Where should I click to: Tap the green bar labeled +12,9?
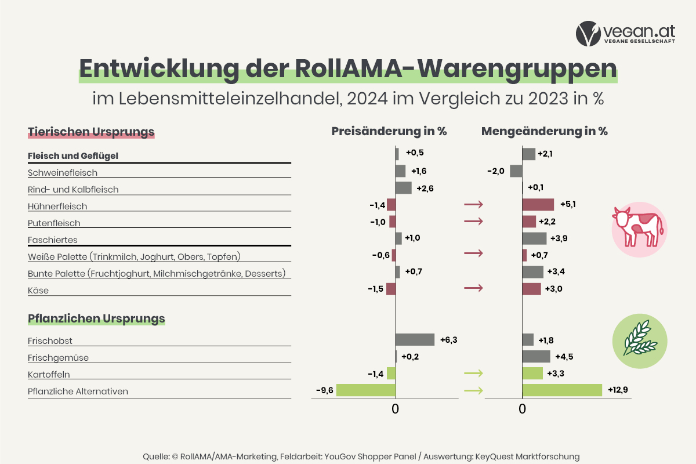[x=562, y=390]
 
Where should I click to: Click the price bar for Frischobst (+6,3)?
[x=415, y=340]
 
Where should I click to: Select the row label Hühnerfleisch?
[x=57, y=206]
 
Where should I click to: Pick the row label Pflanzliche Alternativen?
[x=78, y=391]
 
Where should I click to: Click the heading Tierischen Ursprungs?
[x=91, y=132]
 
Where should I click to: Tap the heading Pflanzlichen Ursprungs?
[x=96, y=318]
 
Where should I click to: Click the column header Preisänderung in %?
[x=389, y=131]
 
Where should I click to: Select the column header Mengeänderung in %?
[x=544, y=131]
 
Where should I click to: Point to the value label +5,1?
[x=568, y=205]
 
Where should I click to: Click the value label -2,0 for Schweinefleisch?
[x=496, y=171]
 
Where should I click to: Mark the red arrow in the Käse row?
[x=473, y=288]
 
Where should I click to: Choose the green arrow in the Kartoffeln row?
[x=473, y=374]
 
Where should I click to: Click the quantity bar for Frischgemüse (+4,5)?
[x=536, y=357]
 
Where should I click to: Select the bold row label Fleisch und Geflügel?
[x=74, y=156]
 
